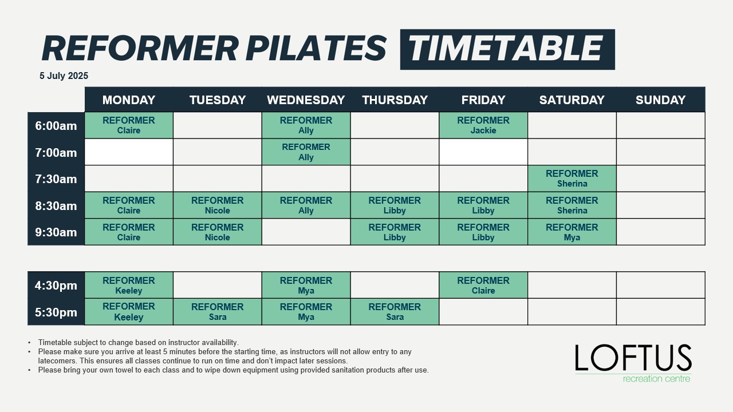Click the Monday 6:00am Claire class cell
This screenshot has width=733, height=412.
pos(129,125)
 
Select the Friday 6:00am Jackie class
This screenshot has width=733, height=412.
pos(483,125)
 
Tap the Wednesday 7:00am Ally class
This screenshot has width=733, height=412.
pos(306,152)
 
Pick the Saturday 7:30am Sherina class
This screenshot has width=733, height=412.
pos(572,179)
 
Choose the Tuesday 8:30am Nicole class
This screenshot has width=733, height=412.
pos(217,205)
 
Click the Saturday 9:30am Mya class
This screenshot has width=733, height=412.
pos(572,232)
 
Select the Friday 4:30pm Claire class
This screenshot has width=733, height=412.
pos(483,285)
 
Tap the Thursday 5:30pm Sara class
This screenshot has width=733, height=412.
pos(395,312)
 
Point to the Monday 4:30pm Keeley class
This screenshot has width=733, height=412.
pos(129,285)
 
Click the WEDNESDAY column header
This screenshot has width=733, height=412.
pos(306,100)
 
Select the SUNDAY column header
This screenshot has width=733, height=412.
pos(660,100)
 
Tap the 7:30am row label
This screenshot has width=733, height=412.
pos(56,179)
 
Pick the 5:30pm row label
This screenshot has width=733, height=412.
pos(56,312)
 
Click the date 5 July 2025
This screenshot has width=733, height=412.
pos(64,76)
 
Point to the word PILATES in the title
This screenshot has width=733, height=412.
pos(316,49)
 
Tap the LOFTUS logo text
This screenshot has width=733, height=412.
pos(633,358)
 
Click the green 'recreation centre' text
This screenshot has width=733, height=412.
pos(656,379)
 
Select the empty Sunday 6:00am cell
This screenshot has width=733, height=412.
pos(660,125)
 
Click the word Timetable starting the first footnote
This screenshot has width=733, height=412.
pos(55,342)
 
